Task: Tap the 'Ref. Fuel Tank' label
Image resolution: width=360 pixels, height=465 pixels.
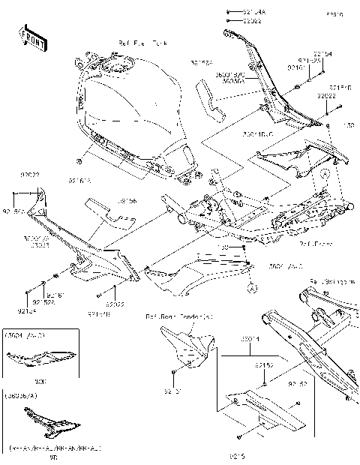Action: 143,45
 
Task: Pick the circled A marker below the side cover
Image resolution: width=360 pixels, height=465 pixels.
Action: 253,288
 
